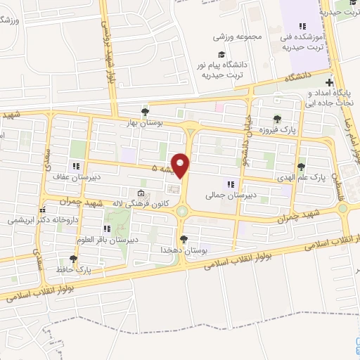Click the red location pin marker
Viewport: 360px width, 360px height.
(x=181, y=165)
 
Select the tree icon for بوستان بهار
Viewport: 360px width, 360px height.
(x=145, y=111)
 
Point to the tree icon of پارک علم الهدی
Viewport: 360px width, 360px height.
(x=301, y=167)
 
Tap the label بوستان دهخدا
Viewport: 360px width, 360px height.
(x=184, y=250)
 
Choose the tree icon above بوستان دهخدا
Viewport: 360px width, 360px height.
(x=184, y=239)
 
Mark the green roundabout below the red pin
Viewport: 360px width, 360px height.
(x=182, y=212)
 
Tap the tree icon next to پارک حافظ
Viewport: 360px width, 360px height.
(x=72, y=259)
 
